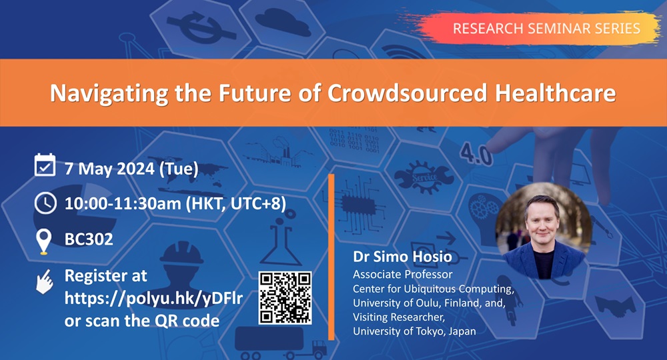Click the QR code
pos(285,298)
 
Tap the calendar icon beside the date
pos(44,165)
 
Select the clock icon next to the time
pos(44,203)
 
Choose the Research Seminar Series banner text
pos(546,28)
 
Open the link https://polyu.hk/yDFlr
pos(153,297)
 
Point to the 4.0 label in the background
pos(476,155)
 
